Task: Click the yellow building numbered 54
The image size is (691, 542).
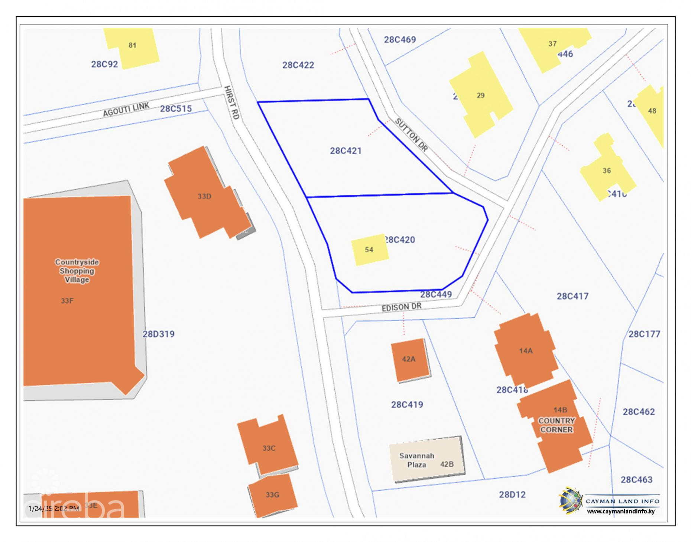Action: click(x=370, y=249)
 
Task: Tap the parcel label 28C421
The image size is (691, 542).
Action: click(x=345, y=151)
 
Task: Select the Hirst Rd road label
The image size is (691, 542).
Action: click(x=231, y=103)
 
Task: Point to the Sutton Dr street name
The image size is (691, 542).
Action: click(x=411, y=135)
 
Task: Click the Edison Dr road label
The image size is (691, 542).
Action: click(x=402, y=307)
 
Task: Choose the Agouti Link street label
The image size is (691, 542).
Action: click(x=126, y=109)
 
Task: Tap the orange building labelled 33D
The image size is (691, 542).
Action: click(x=204, y=196)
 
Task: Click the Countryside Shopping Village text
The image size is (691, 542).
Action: click(x=77, y=271)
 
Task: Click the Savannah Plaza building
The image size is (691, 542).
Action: click(x=426, y=459)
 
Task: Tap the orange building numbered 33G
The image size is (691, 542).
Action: click(x=272, y=494)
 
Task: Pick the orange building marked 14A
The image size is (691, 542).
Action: click(x=525, y=351)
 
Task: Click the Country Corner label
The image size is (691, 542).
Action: click(x=557, y=425)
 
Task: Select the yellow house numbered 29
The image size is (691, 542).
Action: click(x=480, y=95)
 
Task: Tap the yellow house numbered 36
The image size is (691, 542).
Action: click(x=606, y=170)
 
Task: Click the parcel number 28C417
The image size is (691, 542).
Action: click(x=572, y=296)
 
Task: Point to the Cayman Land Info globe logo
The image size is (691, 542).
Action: click(x=571, y=500)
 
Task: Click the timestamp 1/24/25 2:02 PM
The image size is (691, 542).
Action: click(x=53, y=508)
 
